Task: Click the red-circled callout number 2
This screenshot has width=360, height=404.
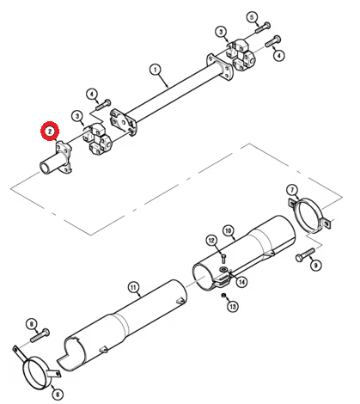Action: coord(50,131)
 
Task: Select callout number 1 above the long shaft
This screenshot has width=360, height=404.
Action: coord(156,70)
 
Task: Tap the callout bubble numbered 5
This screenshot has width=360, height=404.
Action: coord(252,17)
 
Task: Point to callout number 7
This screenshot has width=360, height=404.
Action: coord(292,190)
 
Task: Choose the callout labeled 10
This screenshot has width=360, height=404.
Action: coord(228,230)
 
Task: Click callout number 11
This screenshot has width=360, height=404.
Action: coord(134,287)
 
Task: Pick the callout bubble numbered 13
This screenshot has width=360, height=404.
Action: coord(233,307)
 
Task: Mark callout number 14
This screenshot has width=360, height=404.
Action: coord(242,282)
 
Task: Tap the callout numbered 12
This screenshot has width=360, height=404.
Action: coord(211,240)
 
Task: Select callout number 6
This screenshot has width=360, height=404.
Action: coord(58,395)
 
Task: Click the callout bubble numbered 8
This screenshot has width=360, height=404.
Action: coord(32,324)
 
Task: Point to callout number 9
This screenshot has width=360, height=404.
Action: coord(315,266)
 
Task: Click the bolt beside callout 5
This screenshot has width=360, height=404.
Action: coord(262,28)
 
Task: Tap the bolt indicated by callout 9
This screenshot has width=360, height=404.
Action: coord(305,254)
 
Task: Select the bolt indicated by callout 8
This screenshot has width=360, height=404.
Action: coord(40,335)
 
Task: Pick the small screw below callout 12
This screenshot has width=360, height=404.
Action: coord(223,259)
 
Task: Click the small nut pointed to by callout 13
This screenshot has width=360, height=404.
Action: coord(223,296)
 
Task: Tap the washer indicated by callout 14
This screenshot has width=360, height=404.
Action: coord(223,269)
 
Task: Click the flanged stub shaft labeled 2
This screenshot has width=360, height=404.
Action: coord(56,159)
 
